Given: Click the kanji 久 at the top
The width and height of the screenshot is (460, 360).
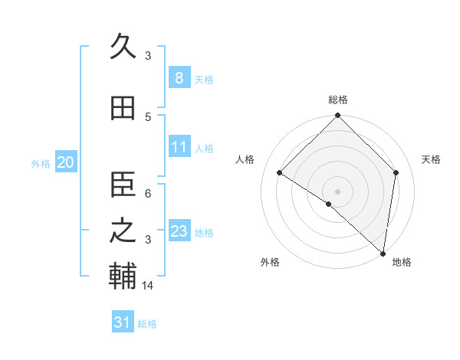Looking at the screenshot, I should pos(123,47).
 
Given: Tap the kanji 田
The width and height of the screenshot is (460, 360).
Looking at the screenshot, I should pos(123,109).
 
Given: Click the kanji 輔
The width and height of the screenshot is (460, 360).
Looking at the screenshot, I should pos(123,277).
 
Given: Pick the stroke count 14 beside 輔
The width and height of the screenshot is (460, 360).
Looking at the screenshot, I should pos(149,286).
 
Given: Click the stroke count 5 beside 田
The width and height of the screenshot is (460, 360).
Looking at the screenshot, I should pos(149,116).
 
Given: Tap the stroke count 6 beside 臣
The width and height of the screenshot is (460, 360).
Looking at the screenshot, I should pos(149,193).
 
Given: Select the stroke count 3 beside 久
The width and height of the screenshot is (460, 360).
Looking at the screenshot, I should pos(149,55).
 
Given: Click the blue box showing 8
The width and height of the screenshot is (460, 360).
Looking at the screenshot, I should pos(179,77).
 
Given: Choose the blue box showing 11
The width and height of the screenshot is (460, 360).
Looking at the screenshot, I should pos(179,147).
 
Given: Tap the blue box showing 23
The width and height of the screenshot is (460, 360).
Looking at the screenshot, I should pos(179,231).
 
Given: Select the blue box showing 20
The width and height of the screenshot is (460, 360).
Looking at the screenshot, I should pos(65,162).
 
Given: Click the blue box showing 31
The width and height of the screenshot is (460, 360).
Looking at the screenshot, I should pos(122,322).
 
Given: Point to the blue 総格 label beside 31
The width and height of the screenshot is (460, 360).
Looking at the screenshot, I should pos(147,324).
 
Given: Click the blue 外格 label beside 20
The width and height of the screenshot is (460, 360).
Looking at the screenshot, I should pos(41,163).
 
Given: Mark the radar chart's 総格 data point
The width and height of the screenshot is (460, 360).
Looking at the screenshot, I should pos(337,116).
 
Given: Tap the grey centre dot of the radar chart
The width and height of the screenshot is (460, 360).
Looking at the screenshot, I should pos(337,191).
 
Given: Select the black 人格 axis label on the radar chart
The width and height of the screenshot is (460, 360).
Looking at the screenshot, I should pos(245,159).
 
